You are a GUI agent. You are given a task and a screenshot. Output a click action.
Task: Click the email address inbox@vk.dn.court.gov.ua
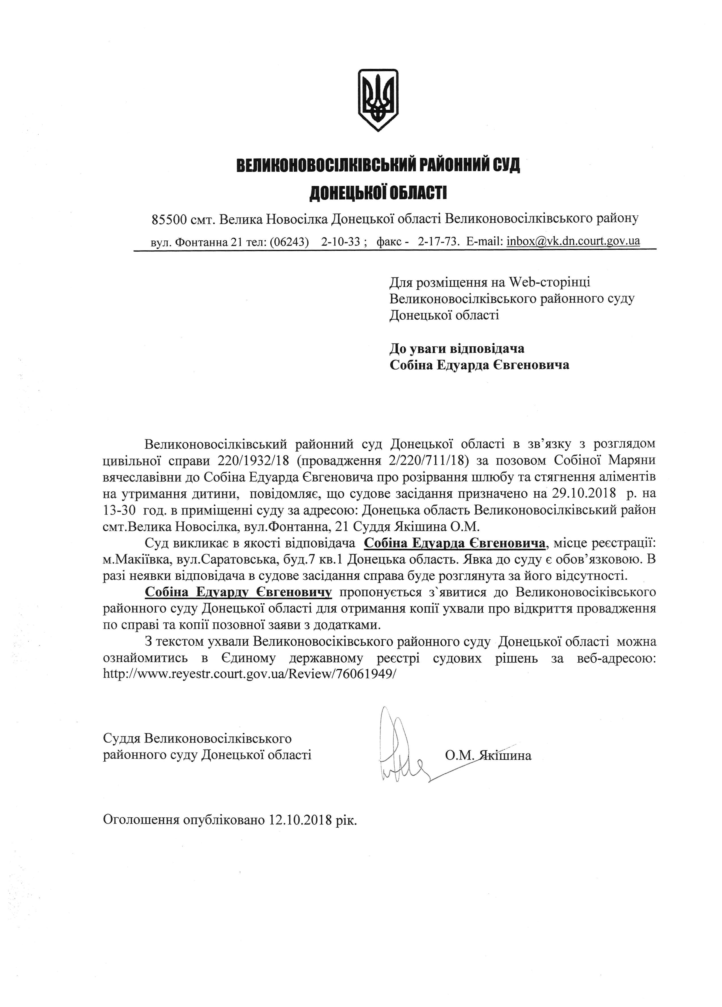click(573, 241)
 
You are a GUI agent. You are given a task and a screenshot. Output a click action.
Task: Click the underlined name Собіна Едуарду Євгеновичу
click(238, 592)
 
